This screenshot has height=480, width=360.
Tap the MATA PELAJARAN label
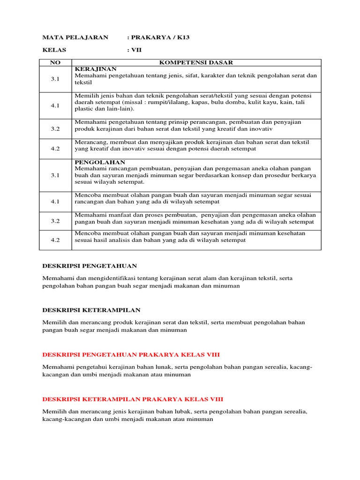tap(75, 37)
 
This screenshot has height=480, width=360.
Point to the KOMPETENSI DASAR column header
tap(196, 63)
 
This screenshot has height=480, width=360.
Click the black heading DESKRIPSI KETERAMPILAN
tap(91, 310)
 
